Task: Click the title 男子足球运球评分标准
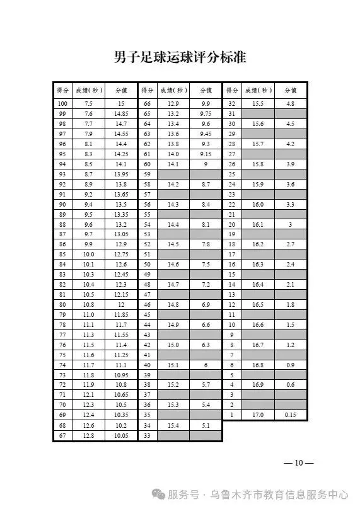[180, 58]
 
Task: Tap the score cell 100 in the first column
[62, 103]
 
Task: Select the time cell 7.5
[88, 103]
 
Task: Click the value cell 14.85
[121, 113]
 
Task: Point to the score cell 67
[62, 435]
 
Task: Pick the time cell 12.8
[88, 435]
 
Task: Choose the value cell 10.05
[121, 435]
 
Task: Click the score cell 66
[148, 103]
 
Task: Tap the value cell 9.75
[206, 113]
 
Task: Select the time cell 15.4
[173, 425]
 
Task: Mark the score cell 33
[148, 435]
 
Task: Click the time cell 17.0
[258, 415]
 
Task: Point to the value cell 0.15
[290, 415]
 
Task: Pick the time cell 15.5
[258, 103]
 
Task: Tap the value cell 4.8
[290, 103]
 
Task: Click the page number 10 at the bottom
[299, 463]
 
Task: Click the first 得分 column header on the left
[62, 90]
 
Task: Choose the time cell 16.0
[258, 205]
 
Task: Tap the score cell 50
[148, 264]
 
